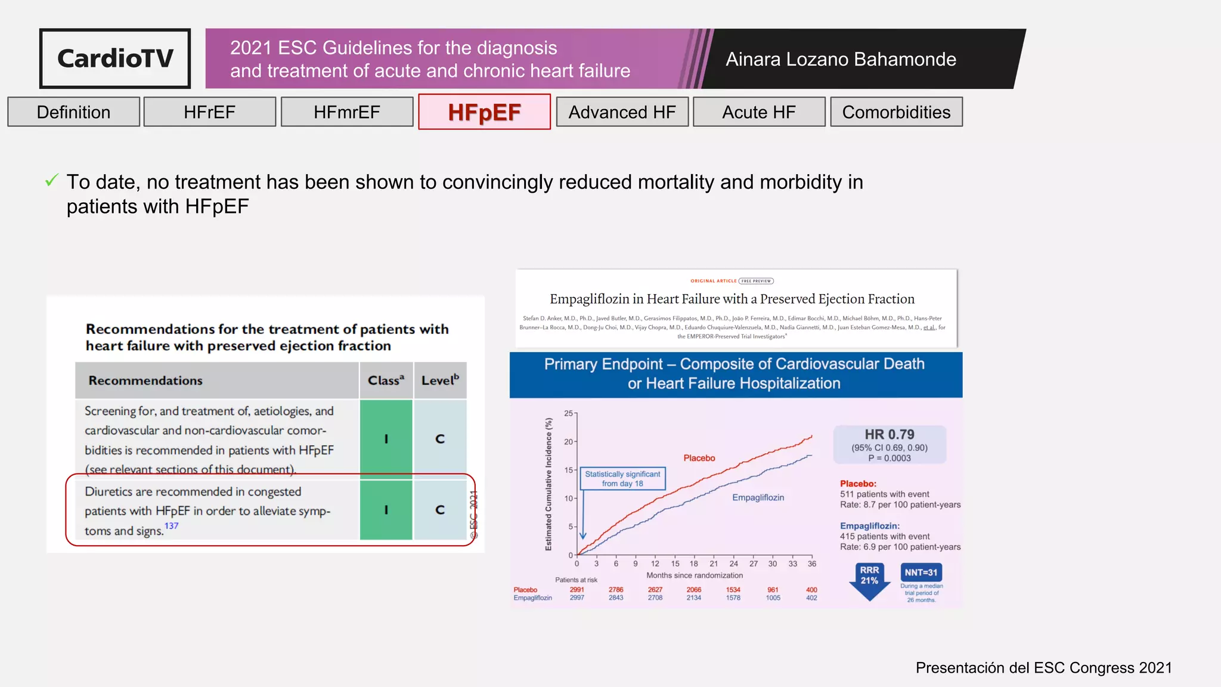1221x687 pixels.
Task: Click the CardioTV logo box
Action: point(115,58)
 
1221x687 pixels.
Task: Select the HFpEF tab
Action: point(484,112)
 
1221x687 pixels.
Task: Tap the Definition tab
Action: point(73,112)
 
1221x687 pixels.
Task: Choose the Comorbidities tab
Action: point(896,112)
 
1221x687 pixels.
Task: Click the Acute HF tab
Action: point(759,112)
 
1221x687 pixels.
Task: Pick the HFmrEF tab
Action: point(347,112)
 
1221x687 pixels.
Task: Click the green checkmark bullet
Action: point(52,180)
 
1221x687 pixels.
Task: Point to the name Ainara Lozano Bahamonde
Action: point(841,59)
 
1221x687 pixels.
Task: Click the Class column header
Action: point(386,380)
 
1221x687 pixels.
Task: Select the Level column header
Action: point(440,380)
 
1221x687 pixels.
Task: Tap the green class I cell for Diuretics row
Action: point(386,510)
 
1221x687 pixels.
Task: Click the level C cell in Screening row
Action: point(440,439)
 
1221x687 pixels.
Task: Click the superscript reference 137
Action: point(171,526)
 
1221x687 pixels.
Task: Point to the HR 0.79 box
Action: point(890,445)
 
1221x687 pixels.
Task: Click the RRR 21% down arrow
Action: point(869,580)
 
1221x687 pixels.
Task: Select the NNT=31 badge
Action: point(921,572)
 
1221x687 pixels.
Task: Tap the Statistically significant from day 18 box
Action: point(622,478)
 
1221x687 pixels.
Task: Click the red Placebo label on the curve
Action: point(699,458)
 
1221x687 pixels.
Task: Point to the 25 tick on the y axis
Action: point(569,413)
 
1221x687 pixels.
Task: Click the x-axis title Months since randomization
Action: point(695,575)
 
